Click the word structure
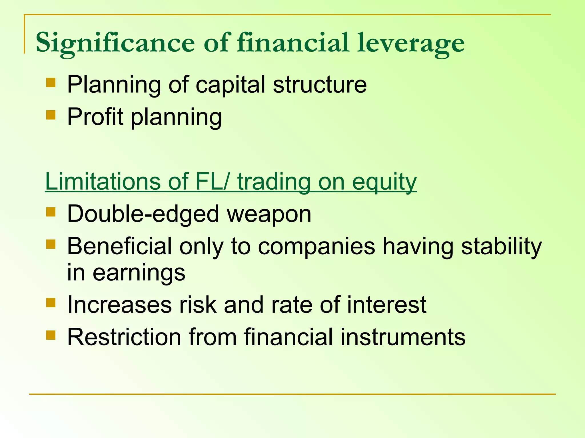[x=320, y=85]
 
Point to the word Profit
[x=95, y=117]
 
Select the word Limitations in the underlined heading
[x=103, y=182]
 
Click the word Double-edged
[x=143, y=214]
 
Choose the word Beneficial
[x=119, y=246]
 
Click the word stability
[x=501, y=247]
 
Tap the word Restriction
[x=124, y=337]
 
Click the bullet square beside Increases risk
[x=51, y=303]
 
